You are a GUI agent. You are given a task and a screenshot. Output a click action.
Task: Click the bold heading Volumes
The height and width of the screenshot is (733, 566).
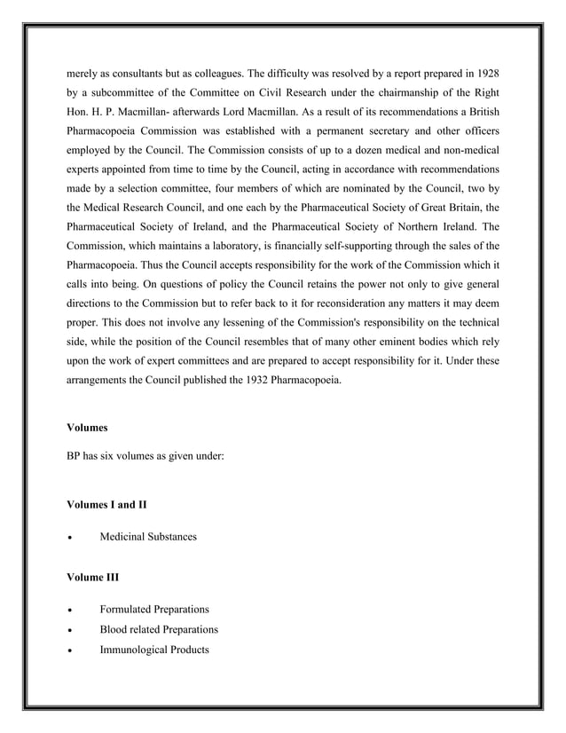pos(87,428)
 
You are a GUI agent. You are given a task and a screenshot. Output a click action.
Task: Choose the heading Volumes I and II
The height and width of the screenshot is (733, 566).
pos(106,505)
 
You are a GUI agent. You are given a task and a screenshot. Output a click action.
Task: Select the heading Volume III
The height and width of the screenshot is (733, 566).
pos(93,579)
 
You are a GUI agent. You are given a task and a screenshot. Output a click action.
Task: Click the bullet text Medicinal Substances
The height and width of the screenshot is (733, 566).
pos(148,538)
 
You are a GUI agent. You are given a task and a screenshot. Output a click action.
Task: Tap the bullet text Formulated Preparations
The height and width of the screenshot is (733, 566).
pos(154,610)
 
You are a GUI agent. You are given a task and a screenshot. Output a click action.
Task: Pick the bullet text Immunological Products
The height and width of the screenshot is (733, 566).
pos(154,650)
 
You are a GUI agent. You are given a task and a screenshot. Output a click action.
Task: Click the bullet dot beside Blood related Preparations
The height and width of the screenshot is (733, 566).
pos(70,631)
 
